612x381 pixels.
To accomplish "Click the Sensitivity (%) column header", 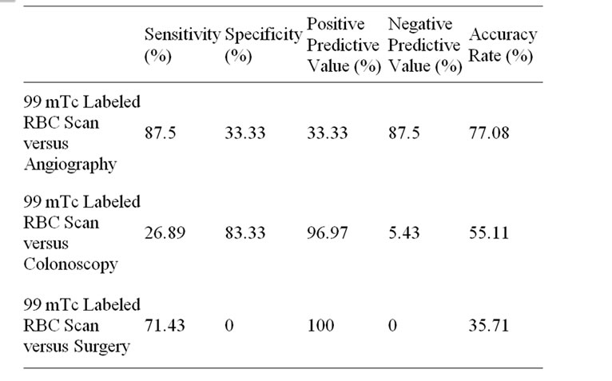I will tap(181, 46).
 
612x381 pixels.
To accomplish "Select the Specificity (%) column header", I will tap(264, 46).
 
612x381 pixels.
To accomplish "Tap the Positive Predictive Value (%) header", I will tap(344, 46).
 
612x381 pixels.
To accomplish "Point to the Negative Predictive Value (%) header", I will tap(425, 46).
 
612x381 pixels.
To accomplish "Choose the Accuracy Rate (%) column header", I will tap(503, 46).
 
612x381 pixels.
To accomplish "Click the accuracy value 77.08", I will tap(489, 133).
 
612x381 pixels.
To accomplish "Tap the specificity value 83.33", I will tap(245, 233).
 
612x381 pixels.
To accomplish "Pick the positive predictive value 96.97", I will tap(328, 233).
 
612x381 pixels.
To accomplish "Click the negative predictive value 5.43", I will tap(404, 233).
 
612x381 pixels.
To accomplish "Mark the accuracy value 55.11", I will tap(489, 233).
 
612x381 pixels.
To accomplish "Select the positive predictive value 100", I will tap(320, 326).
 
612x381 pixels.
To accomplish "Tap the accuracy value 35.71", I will tap(489, 326).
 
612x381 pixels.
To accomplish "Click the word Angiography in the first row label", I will tap(70, 165).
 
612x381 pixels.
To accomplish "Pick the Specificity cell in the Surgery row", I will tap(229, 326).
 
